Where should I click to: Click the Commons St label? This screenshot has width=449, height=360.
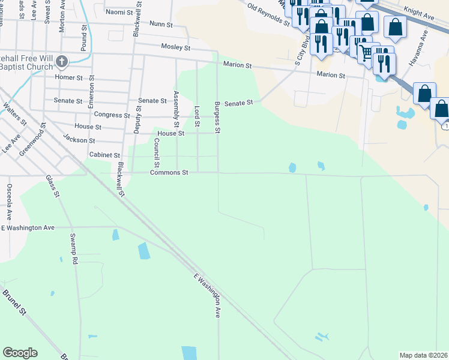click(x=169, y=173)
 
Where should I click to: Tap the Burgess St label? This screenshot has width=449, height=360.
click(x=217, y=118)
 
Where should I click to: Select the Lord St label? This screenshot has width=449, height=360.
click(x=197, y=116)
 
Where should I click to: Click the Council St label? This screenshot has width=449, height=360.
click(x=156, y=153)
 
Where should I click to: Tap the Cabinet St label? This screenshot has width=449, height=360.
click(x=104, y=155)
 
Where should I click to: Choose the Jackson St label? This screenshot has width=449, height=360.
click(x=79, y=140)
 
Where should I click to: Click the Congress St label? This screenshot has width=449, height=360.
click(x=112, y=115)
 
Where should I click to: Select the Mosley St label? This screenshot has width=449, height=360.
click(x=175, y=47)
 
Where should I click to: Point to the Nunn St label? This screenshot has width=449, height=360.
click(x=161, y=25)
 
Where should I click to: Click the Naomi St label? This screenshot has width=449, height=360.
click(x=118, y=12)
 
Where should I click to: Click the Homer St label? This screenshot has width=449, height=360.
click(x=68, y=78)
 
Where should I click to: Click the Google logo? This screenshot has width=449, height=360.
click(x=20, y=353)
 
